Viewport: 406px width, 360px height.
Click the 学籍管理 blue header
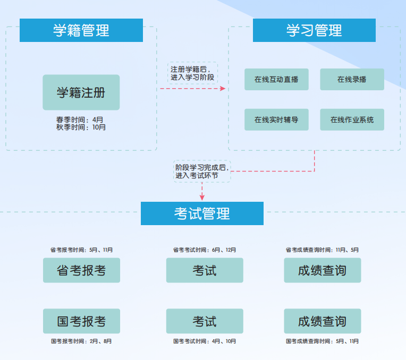81,30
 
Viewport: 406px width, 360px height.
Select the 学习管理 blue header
314,30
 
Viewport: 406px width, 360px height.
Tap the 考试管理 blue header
202,213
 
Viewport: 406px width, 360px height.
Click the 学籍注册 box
81,92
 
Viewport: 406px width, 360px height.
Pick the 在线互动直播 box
276,80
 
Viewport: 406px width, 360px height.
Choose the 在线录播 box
352,80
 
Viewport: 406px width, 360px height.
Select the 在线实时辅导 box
276,119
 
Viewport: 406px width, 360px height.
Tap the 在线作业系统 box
352,119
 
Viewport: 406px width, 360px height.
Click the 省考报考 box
81,270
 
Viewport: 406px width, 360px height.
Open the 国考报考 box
81,321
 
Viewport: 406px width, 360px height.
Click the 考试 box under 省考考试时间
205,270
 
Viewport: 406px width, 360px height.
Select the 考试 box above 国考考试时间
205,321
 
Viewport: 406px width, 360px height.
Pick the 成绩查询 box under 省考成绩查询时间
322,270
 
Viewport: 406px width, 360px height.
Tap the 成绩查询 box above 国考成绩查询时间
322,321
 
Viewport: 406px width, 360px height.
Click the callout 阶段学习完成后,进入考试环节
202,171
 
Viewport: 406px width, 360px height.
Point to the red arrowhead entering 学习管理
223,89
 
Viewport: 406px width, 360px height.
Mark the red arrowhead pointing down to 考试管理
202,197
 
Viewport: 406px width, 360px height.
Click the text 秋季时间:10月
81,127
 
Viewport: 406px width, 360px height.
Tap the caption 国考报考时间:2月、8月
81,341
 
